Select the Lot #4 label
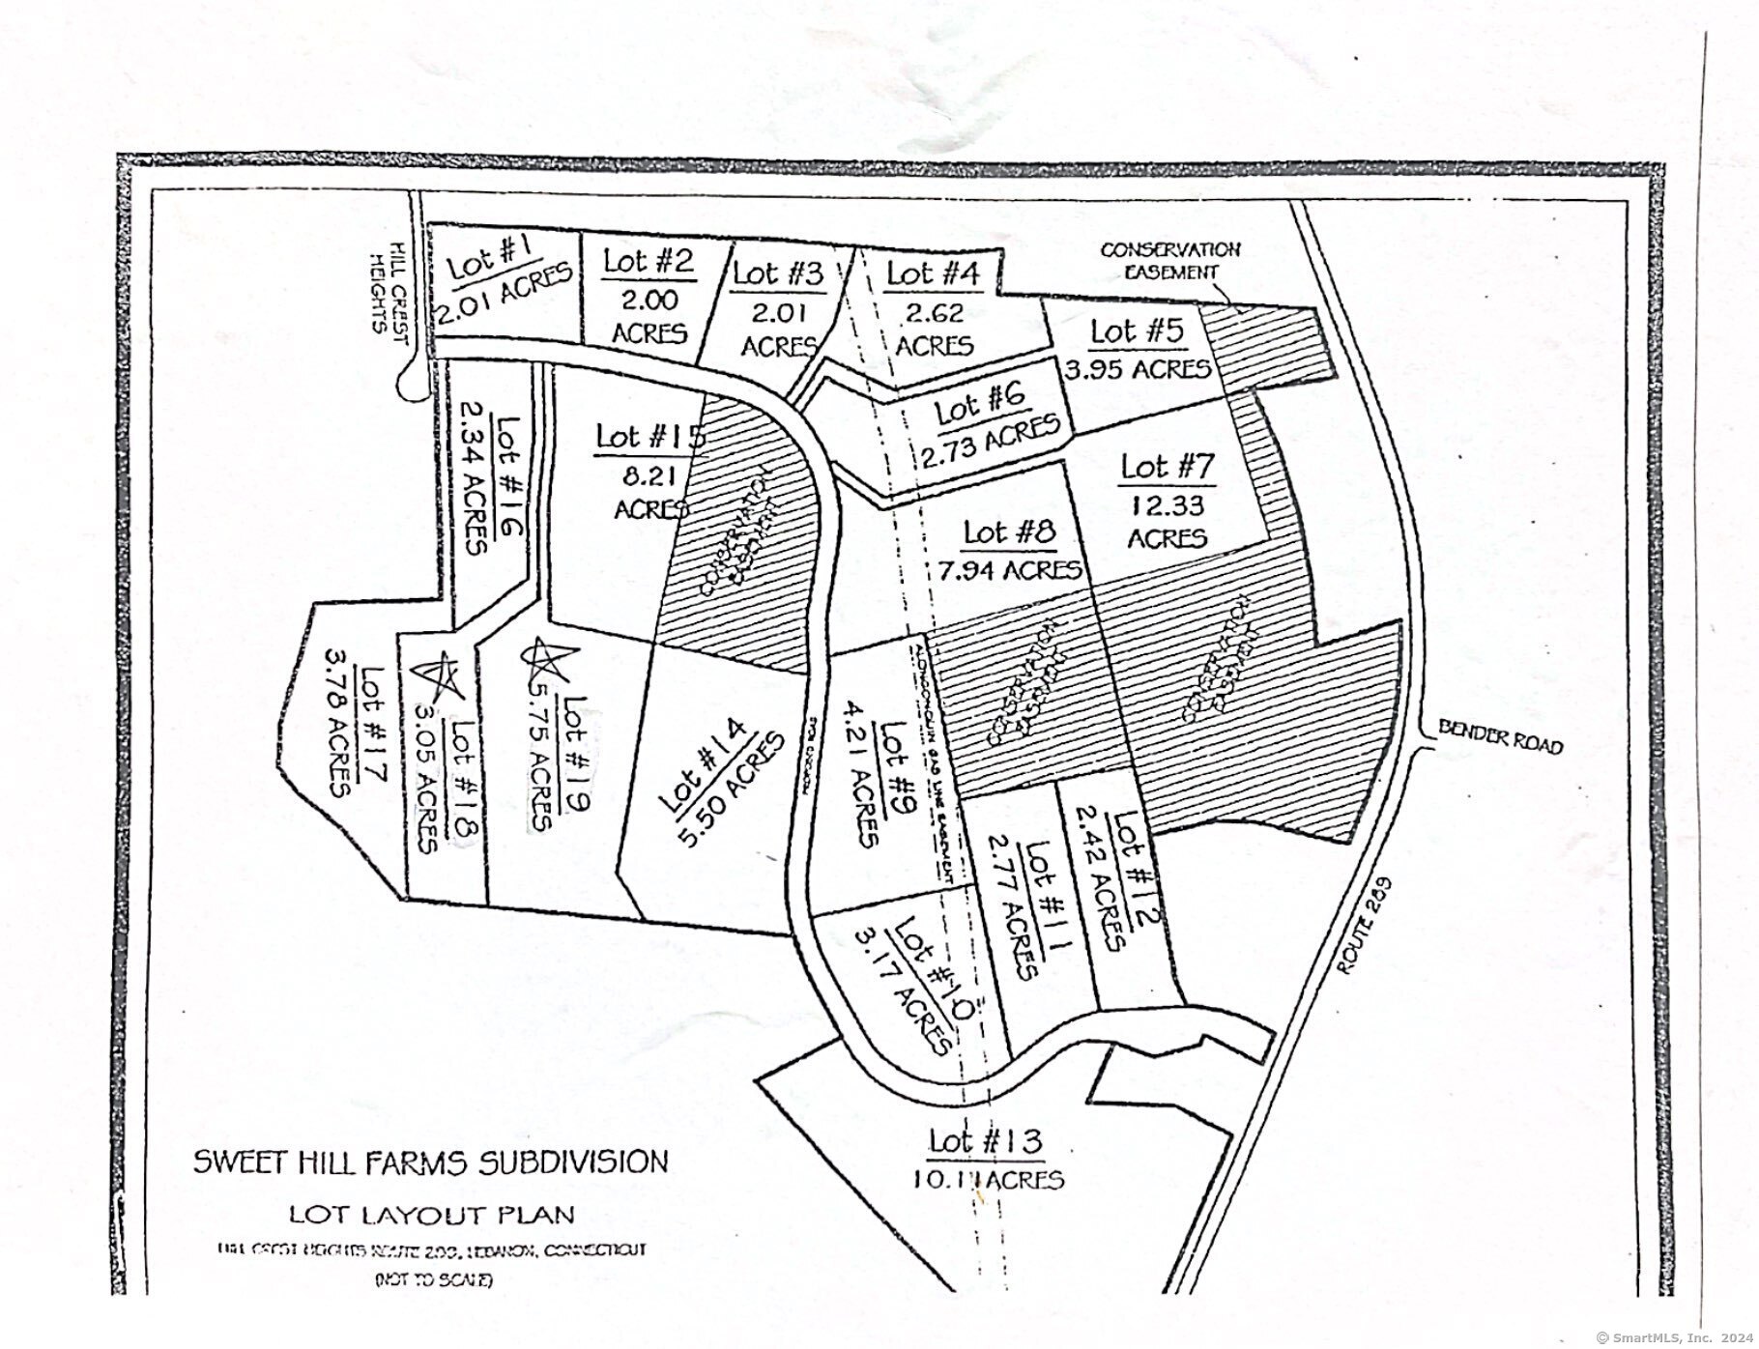click(933, 273)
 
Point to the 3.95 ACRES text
click(1138, 369)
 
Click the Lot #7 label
click(1167, 468)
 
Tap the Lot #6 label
click(980, 405)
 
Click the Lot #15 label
click(649, 436)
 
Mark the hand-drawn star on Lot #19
click(544, 659)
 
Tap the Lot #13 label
click(986, 1141)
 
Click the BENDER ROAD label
click(1500, 737)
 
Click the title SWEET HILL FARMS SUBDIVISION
click(430, 1161)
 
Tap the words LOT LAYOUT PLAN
click(431, 1214)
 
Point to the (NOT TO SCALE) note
click(433, 1280)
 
